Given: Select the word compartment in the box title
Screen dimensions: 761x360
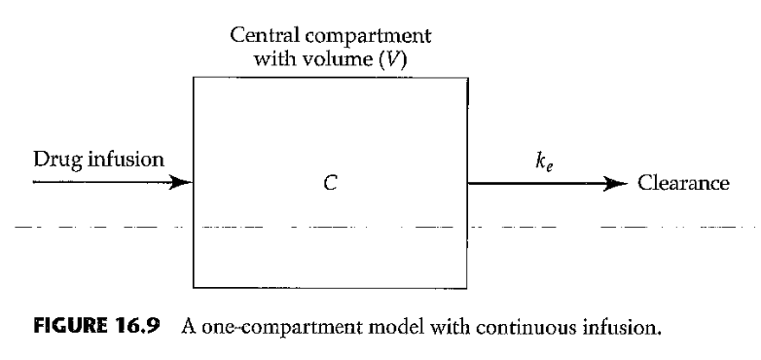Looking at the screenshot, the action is pyautogui.click(x=368, y=37).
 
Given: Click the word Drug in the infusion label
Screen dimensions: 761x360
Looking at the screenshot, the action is pyautogui.click(x=54, y=159).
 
